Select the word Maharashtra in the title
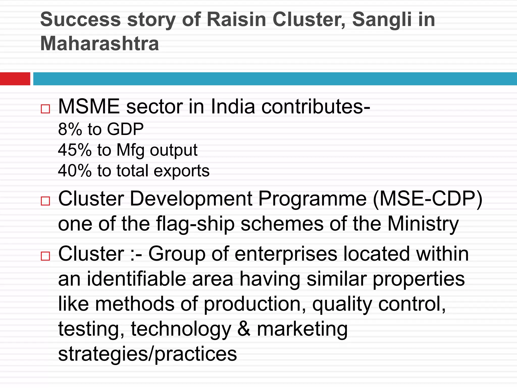(x=99, y=43)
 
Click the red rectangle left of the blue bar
(x=15, y=79)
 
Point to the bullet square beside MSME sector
(x=45, y=109)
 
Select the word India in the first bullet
(x=233, y=107)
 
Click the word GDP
(x=125, y=129)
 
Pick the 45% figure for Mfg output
(x=74, y=150)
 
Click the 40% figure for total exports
(x=74, y=171)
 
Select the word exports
(x=182, y=171)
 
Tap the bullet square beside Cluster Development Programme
(x=45, y=201)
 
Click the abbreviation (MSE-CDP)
(x=428, y=199)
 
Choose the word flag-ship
(x=195, y=224)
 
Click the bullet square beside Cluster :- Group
(x=45, y=256)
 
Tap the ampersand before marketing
(x=244, y=329)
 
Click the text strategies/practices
(x=147, y=354)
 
